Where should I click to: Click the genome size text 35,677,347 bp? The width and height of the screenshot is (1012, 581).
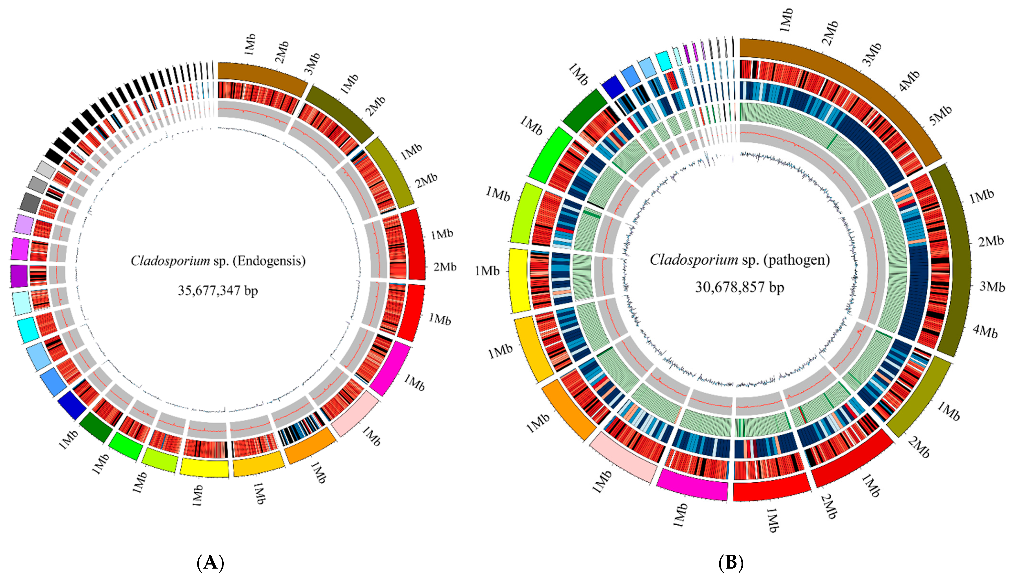[218, 290]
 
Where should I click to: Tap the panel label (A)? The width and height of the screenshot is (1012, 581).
[211, 563]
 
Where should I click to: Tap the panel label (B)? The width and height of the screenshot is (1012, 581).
[731, 563]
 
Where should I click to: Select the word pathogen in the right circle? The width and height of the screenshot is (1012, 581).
[797, 260]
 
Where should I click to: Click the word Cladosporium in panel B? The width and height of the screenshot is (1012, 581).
[694, 260]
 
